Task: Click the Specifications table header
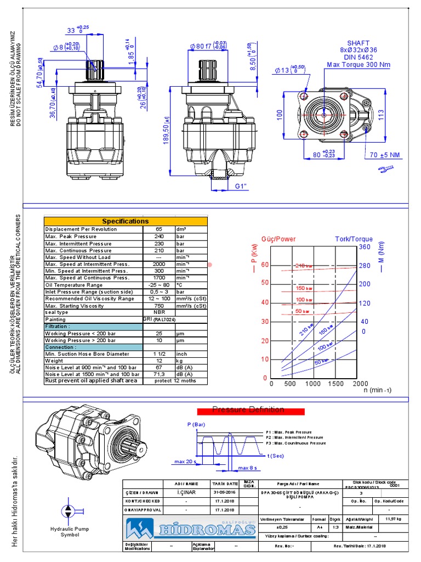(126, 221)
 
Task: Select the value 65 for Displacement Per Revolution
(158, 229)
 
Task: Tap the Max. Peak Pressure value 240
(158, 236)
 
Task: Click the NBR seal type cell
(158, 312)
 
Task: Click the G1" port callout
(242, 187)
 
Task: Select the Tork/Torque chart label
(354, 239)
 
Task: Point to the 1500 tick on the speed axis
(335, 384)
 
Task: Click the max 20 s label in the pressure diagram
(185, 462)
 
